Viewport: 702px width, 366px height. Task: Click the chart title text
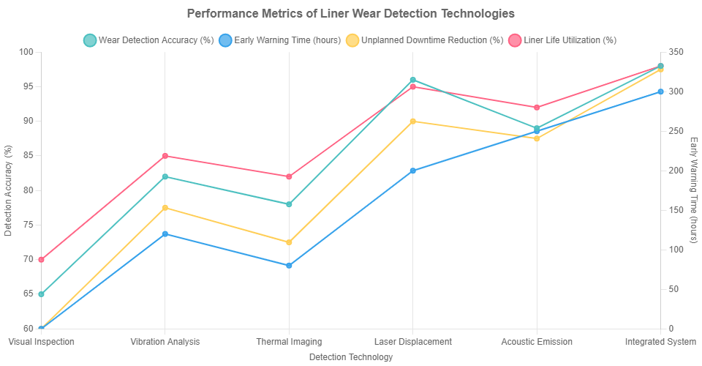pos(351,13)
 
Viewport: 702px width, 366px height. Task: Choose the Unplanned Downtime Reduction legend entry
pos(424,40)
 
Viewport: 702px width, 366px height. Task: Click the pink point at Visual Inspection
pos(41,259)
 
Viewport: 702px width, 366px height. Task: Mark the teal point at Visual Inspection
pos(41,294)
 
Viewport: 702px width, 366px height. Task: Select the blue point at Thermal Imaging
pos(289,265)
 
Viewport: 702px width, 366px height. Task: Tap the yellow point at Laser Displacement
pos(412,122)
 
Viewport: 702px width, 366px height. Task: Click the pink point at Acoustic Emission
pos(537,108)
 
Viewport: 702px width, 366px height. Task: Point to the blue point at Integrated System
pos(660,91)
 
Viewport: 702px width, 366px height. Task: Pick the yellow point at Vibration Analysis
pos(165,208)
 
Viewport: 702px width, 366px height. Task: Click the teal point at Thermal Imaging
pos(289,204)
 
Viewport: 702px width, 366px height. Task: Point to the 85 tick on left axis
pos(27,156)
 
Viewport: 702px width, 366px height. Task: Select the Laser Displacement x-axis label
pos(412,342)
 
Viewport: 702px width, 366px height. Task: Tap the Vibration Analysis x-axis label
pos(165,342)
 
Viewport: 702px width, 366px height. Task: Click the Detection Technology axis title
pos(351,357)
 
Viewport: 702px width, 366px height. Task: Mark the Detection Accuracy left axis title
pos(8,190)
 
